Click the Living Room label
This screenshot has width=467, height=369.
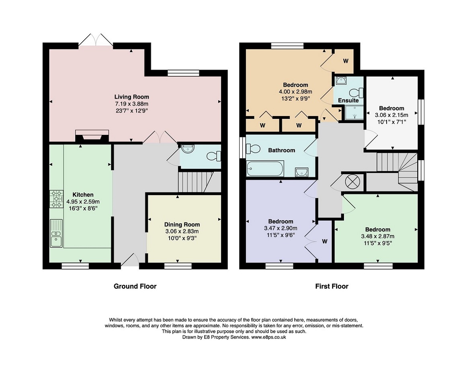[132, 97]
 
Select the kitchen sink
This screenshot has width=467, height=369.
[56, 233]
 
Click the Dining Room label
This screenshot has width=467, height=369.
[182, 225]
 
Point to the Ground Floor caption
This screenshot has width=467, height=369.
[135, 286]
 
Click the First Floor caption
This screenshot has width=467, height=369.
[332, 286]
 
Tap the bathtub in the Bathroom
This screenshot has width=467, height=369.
[265, 168]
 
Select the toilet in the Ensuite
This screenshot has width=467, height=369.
[357, 92]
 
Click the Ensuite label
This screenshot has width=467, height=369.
[348, 101]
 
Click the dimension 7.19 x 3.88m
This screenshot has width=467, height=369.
[132, 104]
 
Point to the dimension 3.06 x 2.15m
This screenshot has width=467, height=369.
[391, 115]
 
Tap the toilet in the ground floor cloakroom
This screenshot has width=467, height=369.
[214, 156]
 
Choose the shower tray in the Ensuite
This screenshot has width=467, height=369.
[354, 112]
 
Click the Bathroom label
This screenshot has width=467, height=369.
[281, 150]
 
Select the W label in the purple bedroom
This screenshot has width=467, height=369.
[325, 241]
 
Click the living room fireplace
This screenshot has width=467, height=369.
[92, 136]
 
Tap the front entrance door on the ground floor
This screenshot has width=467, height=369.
[130, 259]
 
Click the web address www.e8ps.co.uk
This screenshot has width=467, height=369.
[268, 337]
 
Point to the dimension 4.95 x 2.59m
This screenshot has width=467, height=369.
[83, 202]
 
